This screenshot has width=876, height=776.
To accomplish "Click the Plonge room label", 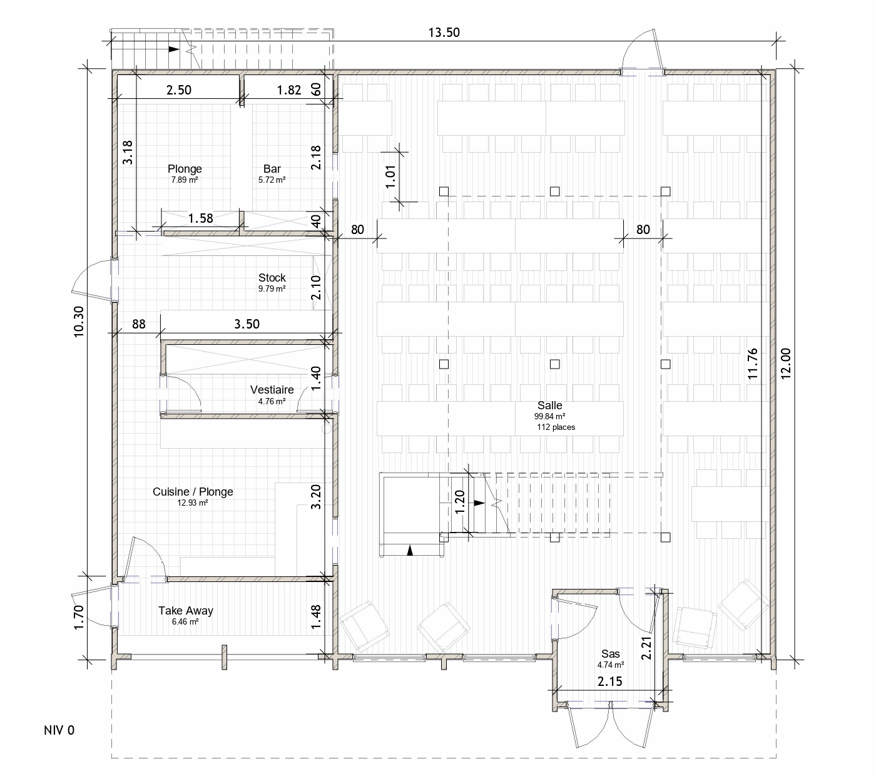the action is [185, 169].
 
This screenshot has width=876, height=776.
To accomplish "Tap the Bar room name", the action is [272, 169].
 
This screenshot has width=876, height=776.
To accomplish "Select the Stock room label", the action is [272, 277].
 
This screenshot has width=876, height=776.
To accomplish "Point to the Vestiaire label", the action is [272, 390].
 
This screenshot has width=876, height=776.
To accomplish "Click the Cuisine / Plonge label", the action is [193, 492].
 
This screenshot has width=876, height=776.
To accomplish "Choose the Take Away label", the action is [185, 610].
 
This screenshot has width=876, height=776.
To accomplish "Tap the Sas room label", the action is [611, 653].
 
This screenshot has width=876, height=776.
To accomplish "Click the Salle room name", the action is [549, 406].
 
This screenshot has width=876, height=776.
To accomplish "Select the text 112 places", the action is [556, 427].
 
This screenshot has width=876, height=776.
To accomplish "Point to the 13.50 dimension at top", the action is [444, 33].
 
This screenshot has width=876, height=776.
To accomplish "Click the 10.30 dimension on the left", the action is [78, 322].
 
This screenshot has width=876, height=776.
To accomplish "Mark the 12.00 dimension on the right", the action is [786, 364].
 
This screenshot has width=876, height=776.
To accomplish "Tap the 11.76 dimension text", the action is [753, 364].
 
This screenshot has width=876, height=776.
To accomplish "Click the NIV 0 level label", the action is [59, 730].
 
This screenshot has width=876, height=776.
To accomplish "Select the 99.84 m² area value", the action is [549, 417].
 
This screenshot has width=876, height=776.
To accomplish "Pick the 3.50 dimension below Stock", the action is [247, 324].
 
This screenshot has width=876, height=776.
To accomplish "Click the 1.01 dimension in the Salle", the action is [390, 176].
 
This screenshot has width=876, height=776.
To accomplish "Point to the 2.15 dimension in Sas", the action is [609, 682].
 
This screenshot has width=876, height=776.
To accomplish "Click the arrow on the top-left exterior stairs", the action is [174, 49].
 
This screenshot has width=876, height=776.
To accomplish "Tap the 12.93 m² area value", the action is [193, 503].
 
